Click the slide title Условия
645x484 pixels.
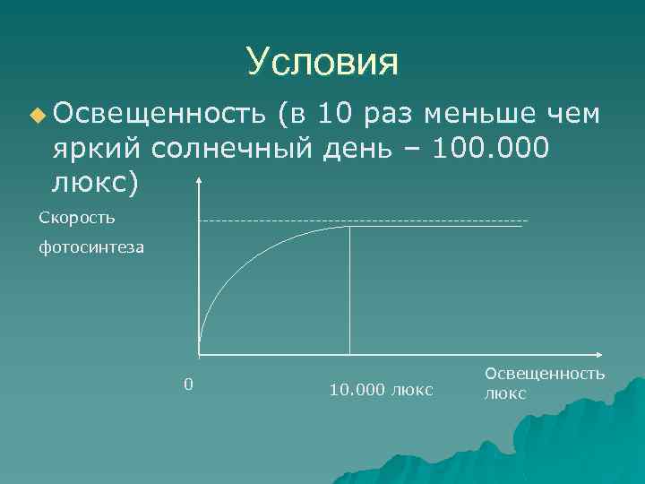322,62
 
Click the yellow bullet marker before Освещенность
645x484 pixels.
36,115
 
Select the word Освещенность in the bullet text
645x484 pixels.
158,114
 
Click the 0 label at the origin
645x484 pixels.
187,385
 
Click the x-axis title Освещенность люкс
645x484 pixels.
544,384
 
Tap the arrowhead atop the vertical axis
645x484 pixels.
198,184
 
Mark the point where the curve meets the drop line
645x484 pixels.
349,227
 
